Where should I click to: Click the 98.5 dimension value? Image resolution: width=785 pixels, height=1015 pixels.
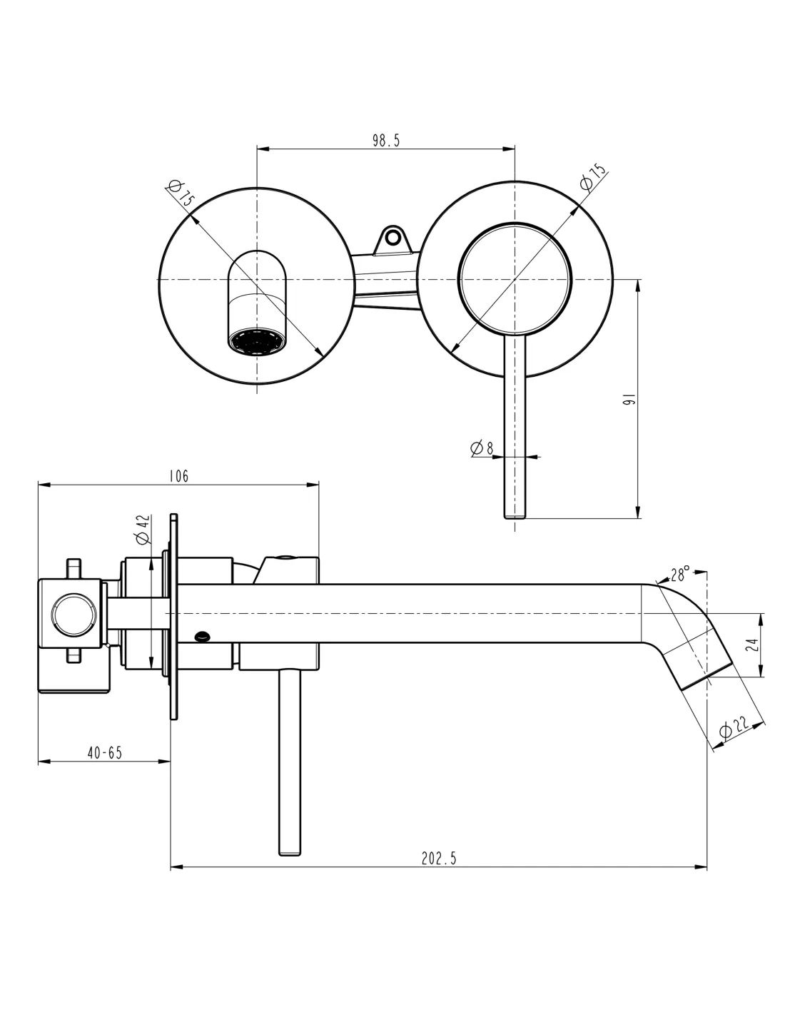[x=385, y=141]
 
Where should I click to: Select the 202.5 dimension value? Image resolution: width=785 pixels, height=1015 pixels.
[x=438, y=859]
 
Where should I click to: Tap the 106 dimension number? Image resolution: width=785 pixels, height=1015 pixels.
[x=178, y=476]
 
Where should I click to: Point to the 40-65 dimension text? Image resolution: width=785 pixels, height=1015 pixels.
[x=104, y=752]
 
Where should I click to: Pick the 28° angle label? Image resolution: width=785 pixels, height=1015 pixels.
[x=680, y=573]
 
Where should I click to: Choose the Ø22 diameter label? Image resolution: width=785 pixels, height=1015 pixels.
[x=733, y=728]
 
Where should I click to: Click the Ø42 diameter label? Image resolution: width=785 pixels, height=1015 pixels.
[x=143, y=528]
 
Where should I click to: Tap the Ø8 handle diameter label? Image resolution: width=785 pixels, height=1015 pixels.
[x=482, y=448]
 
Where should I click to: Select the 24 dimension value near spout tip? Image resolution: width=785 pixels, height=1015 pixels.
[x=751, y=645]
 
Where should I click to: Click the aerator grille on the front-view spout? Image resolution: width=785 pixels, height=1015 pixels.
[x=256, y=340]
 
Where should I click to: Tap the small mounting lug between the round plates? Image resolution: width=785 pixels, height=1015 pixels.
[x=392, y=237]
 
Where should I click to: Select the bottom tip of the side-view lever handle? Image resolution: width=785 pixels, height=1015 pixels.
[x=289, y=852]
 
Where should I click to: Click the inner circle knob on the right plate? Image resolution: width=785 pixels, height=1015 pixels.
[x=515, y=279]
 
